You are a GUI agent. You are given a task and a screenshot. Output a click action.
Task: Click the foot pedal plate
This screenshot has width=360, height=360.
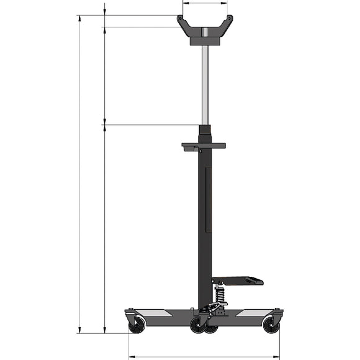tap(238, 281)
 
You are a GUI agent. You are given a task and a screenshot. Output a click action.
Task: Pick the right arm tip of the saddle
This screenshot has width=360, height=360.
tap(229, 19)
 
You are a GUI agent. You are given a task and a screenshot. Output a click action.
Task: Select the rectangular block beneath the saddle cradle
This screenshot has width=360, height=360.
tap(205, 40)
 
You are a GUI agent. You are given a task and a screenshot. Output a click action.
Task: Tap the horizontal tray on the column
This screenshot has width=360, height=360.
tap(204, 146)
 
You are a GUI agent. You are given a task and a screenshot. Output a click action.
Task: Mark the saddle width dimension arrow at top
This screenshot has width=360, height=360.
tap(205, 3)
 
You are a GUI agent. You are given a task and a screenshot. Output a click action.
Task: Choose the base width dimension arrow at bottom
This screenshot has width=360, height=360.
tap(204, 357)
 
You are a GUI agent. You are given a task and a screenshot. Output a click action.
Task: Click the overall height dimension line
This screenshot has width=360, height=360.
tap(80, 174)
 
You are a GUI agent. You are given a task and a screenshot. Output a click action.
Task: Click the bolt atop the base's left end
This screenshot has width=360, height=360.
tap(130, 310)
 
